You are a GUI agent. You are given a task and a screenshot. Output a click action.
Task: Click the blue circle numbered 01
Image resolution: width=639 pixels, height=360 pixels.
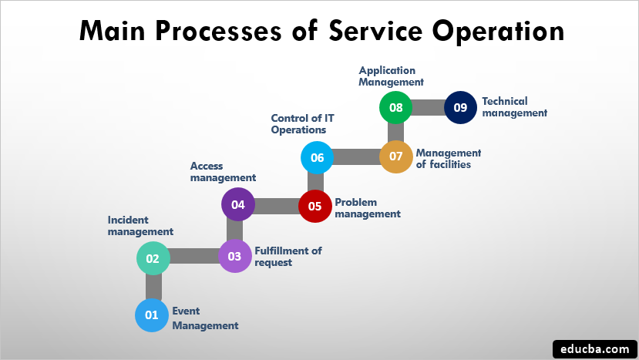(x=151, y=315)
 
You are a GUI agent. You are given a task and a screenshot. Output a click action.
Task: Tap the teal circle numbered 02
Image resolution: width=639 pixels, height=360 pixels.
(x=153, y=258)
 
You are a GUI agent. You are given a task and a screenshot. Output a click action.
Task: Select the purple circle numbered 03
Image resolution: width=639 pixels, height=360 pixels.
(x=234, y=257)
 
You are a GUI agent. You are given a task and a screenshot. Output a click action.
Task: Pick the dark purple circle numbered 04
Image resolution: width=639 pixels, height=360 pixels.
(x=237, y=205)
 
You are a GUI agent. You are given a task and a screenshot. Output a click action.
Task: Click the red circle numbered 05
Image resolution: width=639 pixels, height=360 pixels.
(x=314, y=206)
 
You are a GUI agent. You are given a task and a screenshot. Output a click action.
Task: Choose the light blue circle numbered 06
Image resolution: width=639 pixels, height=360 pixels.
(x=316, y=157)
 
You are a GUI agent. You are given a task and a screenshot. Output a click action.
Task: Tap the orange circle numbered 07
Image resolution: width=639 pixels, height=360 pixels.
(x=396, y=156)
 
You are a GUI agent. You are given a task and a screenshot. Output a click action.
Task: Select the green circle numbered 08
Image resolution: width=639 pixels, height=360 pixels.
(x=396, y=108)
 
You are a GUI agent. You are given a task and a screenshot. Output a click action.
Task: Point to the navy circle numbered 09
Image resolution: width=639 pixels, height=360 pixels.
(x=460, y=108)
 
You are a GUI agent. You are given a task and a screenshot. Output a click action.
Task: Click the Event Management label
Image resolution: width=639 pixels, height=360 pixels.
(x=205, y=318)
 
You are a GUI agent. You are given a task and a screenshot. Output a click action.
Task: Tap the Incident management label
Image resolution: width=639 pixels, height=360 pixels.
(x=140, y=225)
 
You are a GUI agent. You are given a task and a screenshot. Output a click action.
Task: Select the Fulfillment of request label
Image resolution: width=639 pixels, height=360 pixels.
(x=288, y=256)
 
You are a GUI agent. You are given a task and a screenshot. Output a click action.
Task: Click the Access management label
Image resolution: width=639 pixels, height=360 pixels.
(x=223, y=172)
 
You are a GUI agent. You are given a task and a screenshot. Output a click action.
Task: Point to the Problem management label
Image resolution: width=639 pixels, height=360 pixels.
(x=367, y=207)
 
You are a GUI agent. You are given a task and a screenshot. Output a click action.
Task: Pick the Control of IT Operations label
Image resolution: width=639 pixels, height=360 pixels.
(x=302, y=123)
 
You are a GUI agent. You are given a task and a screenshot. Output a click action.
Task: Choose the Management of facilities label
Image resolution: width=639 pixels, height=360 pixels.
(x=449, y=158)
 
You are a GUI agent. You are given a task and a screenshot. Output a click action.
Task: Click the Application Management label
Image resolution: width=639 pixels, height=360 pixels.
(x=392, y=76)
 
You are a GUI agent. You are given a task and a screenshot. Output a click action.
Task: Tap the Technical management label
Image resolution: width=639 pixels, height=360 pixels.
(x=514, y=106)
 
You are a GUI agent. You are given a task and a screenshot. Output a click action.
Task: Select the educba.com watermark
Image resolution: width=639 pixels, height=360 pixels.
(x=594, y=348)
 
